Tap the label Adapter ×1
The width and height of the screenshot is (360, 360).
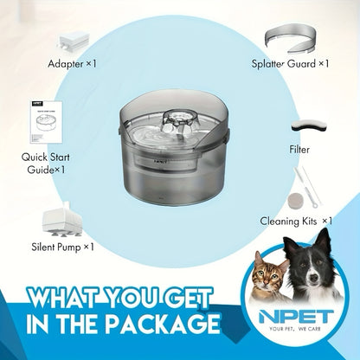pyautogui.click(x=72, y=64)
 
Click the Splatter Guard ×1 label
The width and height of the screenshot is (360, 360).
pyautogui.click(x=290, y=63)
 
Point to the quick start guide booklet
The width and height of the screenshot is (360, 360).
pyautogui.click(x=46, y=122)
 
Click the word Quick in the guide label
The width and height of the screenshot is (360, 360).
pyautogui.click(x=34, y=157)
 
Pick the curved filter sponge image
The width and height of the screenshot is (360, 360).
pyautogui.click(x=309, y=125)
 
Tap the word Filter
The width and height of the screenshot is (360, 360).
pyautogui.click(x=299, y=150)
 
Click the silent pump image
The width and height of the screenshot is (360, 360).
pyautogui.click(x=61, y=219)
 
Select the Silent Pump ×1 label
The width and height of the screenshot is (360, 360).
pyautogui.click(x=63, y=247)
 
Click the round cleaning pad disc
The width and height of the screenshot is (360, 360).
pyautogui.click(x=296, y=201)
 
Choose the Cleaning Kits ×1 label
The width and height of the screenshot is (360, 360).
pyautogui.click(x=296, y=222)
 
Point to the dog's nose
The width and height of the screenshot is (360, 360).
pyautogui.click(x=313, y=278)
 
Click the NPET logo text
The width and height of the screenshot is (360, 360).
pyautogui.click(x=295, y=317)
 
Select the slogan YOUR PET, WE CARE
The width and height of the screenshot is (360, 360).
pyautogui.click(x=295, y=329)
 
